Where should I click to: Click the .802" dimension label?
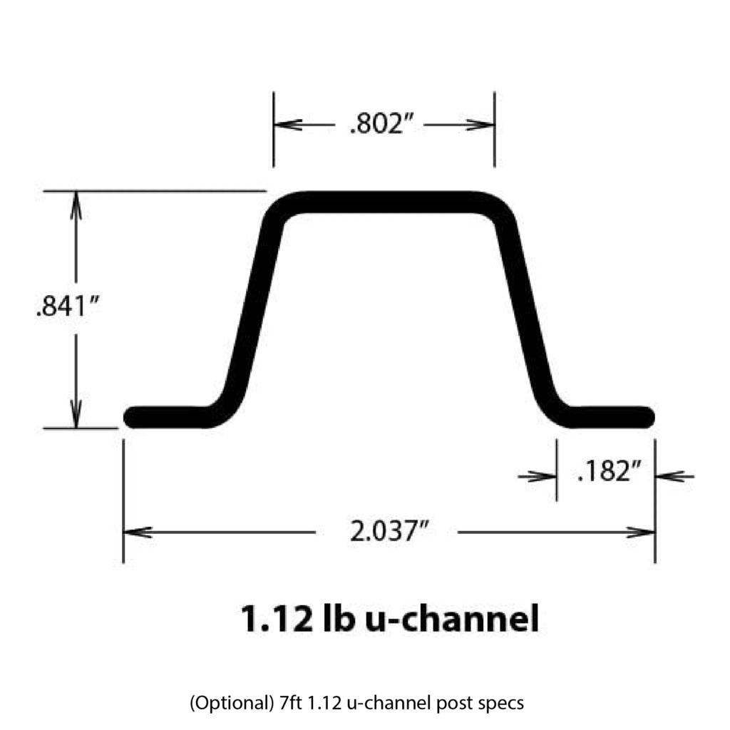[x=381, y=124]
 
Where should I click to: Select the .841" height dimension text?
[x=68, y=307]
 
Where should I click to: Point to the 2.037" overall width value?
[x=389, y=531]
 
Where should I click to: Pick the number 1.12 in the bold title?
[x=277, y=619]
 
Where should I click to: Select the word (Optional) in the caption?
[x=232, y=702]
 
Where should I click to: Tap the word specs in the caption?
[x=502, y=704]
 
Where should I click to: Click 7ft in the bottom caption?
[x=291, y=702]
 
